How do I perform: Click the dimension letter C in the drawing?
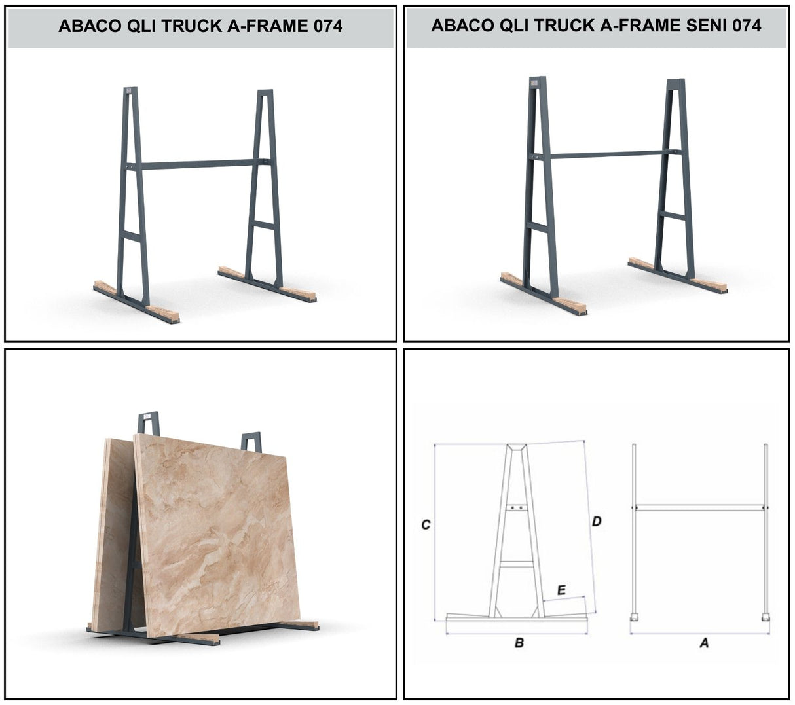point(426,524)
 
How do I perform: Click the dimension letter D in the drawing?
point(596,522)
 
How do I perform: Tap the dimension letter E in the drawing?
point(561,590)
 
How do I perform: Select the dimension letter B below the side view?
point(519,643)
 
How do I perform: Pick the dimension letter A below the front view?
point(704,643)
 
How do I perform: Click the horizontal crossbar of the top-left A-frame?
point(196,164)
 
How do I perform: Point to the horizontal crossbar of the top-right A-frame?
point(606,154)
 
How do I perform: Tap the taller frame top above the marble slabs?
point(148,422)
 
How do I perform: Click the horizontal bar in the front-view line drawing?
point(699,507)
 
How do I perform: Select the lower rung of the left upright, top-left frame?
point(132,236)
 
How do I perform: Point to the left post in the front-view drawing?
point(634,530)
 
